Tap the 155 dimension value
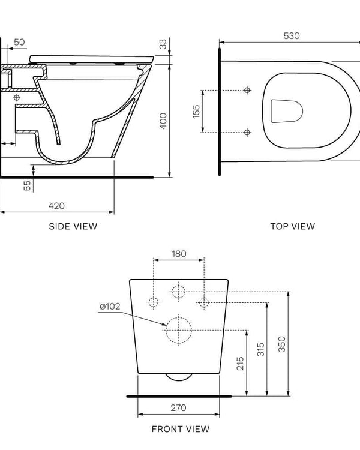pyautogui.click(x=196, y=111)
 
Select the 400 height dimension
pyautogui.click(x=163, y=119)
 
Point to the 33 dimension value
pyautogui.click(x=163, y=44)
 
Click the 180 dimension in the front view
pyautogui.click(x=179, y=254)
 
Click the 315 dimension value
pyautogui.click(x=261, y=349)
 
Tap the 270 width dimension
pyautogui.click(x=178, y=408)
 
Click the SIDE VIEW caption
pyautogui.click(x=73, y=226)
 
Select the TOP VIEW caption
pyautogui.click(x=292, y=226)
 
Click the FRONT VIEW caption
pyautogui.click(x=181, y=429)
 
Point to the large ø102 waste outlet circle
pyautogui.click(x=178, y=329)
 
